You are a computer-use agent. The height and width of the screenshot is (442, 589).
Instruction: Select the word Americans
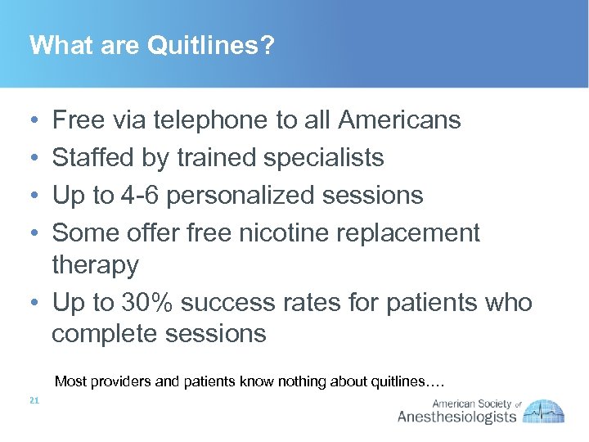[x=399, y=120]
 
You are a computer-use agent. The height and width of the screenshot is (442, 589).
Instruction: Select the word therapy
[x=95, y=265]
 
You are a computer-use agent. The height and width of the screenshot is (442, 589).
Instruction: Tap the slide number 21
[x=34, y=400]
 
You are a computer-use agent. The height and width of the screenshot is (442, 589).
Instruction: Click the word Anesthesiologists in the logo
[x=456, y=417]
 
